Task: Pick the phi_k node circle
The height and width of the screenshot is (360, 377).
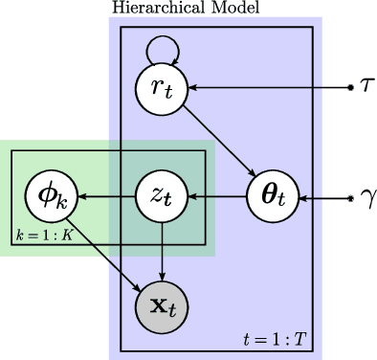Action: pos(52,198)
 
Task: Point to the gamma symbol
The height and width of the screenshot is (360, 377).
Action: pos(367,199)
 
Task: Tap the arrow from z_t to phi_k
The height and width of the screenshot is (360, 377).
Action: pos(107,198)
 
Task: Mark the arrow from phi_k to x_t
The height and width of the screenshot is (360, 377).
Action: pos(107,254)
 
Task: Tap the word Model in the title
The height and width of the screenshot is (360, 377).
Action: pos(212,8)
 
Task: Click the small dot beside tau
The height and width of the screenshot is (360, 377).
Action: pos(352,88)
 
